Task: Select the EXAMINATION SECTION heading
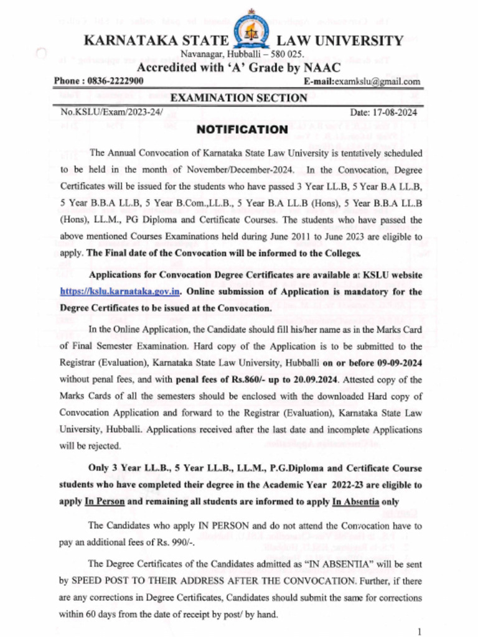[238, 98]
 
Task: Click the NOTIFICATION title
[242, 129]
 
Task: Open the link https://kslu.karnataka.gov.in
[120, 291]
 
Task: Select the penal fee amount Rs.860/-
[234, 379]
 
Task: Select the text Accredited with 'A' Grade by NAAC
[238, 68]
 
